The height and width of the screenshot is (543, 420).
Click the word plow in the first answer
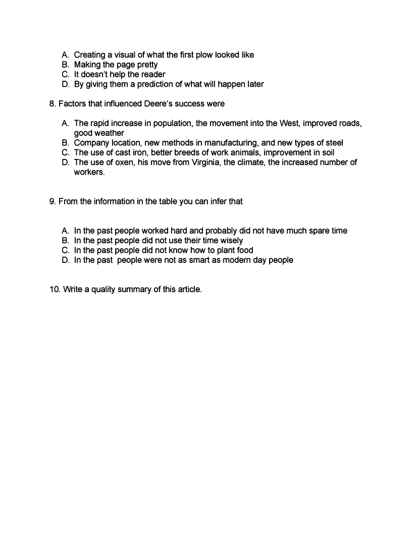coord(204,55)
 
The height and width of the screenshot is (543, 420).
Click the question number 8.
coord(52,104)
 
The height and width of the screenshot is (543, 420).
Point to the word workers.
coord(89,172)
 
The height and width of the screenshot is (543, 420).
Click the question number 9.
coord(52,201)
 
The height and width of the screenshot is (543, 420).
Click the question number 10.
coord(55,290)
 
